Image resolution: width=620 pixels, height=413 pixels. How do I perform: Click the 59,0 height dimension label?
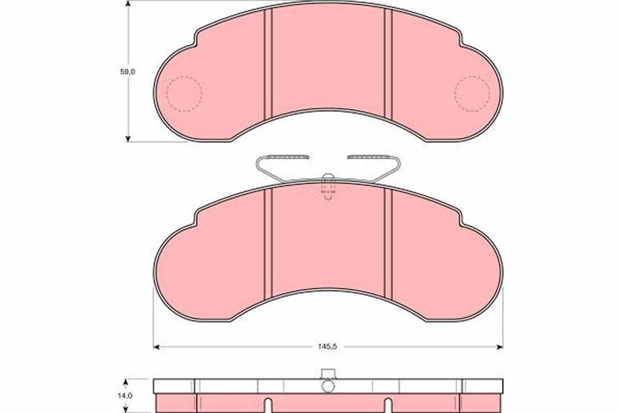click(x=128, y=72)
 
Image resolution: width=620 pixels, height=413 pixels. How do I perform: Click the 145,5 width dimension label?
click(x=327, y=346)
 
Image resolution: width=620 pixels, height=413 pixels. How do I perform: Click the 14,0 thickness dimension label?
click(x=127, y=396)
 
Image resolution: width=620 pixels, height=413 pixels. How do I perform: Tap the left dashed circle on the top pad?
click(x=184, y=94)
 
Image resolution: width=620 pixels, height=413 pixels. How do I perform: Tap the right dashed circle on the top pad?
click(x=473, y=94)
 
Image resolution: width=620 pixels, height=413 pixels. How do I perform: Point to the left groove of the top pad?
click(x=268, y=64)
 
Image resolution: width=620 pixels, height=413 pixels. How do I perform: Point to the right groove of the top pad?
click(x=388, y=64)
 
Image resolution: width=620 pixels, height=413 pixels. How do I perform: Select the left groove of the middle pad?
click(x=268, y=243)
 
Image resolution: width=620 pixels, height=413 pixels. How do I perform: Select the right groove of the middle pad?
click(x=388, y=243)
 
